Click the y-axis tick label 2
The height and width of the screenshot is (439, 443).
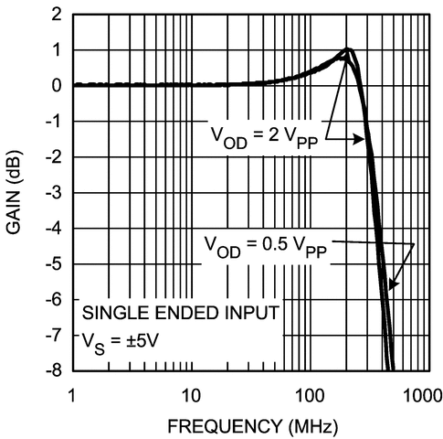57,16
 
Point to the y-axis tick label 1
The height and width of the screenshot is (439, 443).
57,51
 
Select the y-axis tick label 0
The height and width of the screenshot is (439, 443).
57,86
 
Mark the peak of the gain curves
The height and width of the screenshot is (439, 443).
348,50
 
